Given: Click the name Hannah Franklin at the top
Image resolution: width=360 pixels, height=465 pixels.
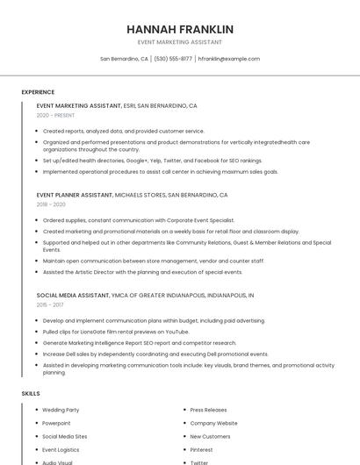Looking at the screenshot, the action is pyautogui.click(x=180, y=29).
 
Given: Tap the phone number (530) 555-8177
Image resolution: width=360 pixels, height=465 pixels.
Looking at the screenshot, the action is pyautogui.click(x=173, y=59).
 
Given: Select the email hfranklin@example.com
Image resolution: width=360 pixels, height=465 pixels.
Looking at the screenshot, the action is pyautogui.click(x=229, y=59).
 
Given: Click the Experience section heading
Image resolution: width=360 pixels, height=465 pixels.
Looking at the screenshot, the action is pyautogui.click(x=38, y=92).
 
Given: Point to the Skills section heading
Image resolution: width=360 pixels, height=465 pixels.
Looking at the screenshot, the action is pyautogui.click(x=31, y=394).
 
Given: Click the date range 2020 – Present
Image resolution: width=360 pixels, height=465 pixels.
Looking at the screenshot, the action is pyautogui.click(x=55, y=115).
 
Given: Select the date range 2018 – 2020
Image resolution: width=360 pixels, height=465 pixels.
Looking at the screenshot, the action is pyautogui.click(x=51, y=204).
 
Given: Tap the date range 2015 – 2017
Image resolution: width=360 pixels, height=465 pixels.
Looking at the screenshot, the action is pyautogui.click(x=50, y=304).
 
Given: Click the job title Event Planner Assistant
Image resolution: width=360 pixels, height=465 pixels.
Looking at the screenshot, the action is pyautogui.click(x=75, y=195).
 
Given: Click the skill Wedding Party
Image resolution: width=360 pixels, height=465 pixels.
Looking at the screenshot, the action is pyautogui.click(x=61, y=410).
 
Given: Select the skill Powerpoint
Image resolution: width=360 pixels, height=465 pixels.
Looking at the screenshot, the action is pyautogui.click(x=56, y=423).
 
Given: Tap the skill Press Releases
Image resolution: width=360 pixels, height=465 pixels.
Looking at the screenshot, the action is pyautogui.click(x=208, y=410).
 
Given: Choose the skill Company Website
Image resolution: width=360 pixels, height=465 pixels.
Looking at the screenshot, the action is pyautogui.click(x=213, y=423).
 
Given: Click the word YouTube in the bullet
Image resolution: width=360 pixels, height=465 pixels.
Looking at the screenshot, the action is pyautogui.click(x=176, y=332).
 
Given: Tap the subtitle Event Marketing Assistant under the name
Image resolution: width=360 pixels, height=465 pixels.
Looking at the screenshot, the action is pyautogui.click(x=180, y=42).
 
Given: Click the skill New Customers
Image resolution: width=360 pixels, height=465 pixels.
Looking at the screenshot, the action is pyautogui.click(x=211, y=436).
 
